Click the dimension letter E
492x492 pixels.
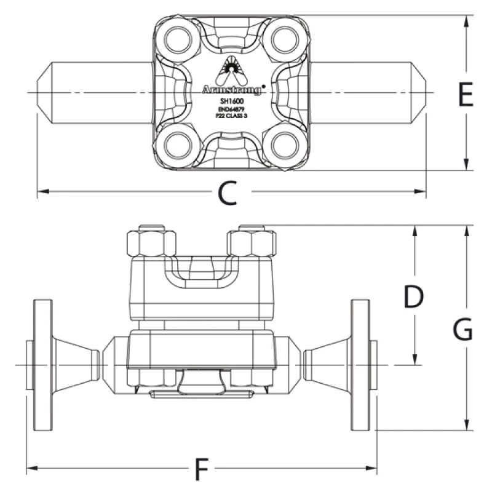point(466,96)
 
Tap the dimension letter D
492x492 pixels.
point(414,298)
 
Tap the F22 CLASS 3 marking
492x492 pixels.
point(232,114)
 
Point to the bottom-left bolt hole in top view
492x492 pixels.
point(177,146)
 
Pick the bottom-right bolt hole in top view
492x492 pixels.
point(285,146)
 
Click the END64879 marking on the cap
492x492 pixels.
point(232,108)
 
